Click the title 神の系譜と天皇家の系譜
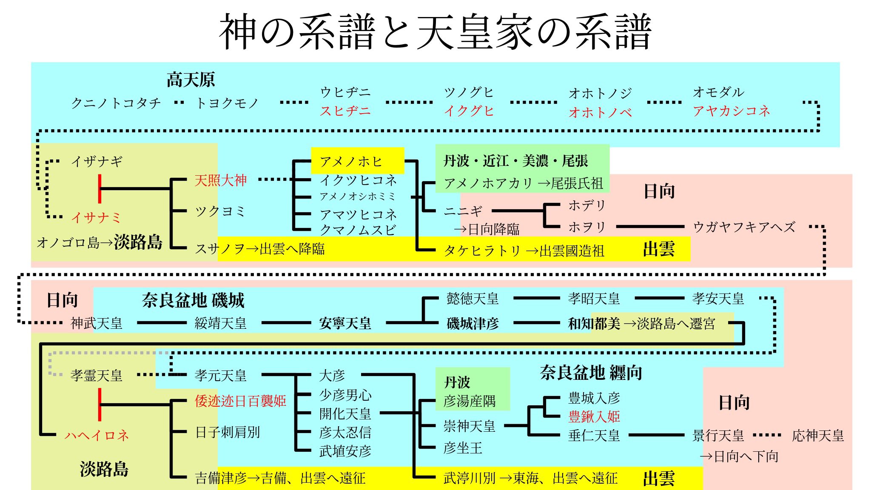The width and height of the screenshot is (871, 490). click(x=435, y=31)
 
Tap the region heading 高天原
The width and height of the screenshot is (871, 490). click(x=191, y=80)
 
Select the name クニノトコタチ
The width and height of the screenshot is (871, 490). click(x=116, y=103)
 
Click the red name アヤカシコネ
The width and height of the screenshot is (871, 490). click(x=731, y=111)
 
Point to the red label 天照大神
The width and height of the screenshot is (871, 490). click(x=220, y=180)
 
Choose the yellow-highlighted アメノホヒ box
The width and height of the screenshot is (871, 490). click(x=357, y=161)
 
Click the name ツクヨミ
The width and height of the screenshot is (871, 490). click(x=220, y=211)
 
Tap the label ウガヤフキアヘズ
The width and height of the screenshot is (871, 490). click(x=744, y=227)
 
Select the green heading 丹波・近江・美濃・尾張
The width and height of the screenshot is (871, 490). click(x=515, y=161)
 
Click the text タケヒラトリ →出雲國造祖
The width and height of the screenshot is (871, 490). click(x=524, y=251)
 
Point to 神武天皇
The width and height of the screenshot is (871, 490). click(x=97, y=323)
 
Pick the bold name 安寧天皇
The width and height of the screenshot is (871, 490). click(x=345, y=323)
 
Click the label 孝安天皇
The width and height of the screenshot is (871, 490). click(x=718, y=299)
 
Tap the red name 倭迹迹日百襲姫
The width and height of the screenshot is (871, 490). click(x=240, y=401)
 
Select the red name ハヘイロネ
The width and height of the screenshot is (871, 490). click(x=97, y=435)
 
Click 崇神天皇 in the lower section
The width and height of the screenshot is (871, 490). click(x=469, y=426)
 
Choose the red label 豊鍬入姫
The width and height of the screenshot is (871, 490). click(x=594, y=416)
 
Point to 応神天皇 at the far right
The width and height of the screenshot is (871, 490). click(x=817, y=436)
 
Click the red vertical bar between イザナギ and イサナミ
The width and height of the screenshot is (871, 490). click(x=100, y=188)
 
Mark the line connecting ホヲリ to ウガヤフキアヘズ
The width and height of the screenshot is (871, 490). click(x=650, y=227)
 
